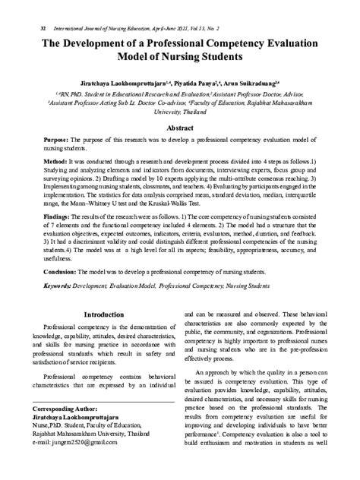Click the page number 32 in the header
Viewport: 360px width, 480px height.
point(33,27)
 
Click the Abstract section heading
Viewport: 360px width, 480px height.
point(179,128)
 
